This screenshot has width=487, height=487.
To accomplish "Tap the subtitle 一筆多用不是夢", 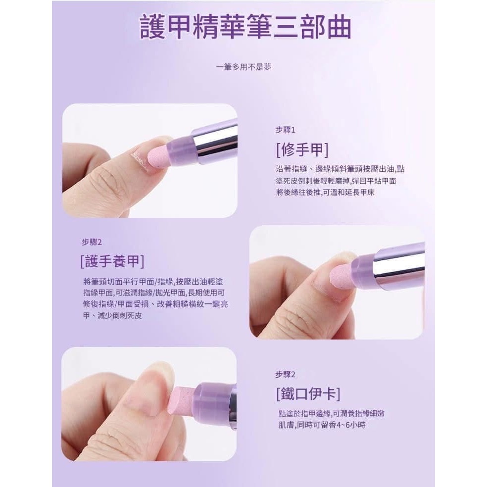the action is pyautogui.click(x=243, y=67).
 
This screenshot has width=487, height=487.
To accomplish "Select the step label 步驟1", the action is pyautogui.click(x=285, y=130).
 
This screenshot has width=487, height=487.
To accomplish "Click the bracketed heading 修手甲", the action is pyautogui.click(x=302, y=150).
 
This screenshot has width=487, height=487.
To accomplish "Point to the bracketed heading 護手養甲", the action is pyautogui.click(x=112, y=261).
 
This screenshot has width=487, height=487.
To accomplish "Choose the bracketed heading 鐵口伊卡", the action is pyautogui.click(x=308, y=394).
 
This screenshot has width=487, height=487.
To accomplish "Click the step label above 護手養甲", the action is pyautogui.click(x=92, y=242).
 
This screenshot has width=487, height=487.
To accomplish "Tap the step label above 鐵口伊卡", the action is pyautogui.click(x=285, y=375).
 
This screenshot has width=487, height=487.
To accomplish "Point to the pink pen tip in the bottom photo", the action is pyautogui.click(x=181, y=401).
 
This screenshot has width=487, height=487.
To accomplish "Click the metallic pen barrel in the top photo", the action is pyautogui.click(x=215, y=139).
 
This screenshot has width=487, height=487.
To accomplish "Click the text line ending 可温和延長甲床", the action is pyautogui.click(x=325, y=193).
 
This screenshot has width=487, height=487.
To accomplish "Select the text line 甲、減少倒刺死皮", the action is pyautogui.click(x=112, y=316).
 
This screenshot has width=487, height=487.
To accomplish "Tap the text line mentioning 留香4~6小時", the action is pyautogui.click(x=322, y=425).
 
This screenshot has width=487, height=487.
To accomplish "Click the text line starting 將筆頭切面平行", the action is pyautogui.click(x=153, y=282).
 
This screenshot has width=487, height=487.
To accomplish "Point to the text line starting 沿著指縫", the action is pyautogui.click(x=340, y=169).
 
